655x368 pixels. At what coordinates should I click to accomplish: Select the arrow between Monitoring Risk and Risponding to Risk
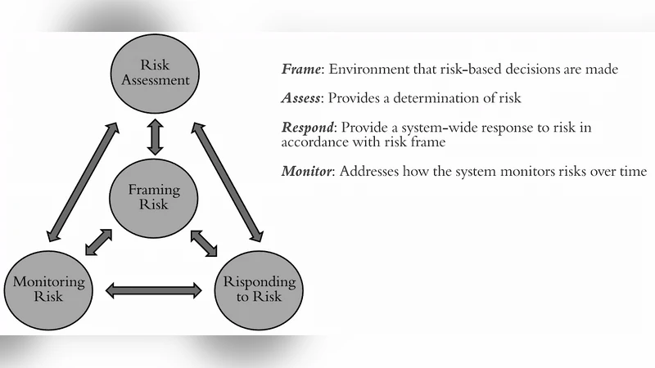tap(154, 289)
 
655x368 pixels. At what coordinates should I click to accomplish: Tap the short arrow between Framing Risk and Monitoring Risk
tap(99, 242)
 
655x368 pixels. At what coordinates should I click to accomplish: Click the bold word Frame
tap(301, 70)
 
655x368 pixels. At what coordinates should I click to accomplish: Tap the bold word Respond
tap(308, 128)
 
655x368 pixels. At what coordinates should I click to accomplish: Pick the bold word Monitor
tap(306, 173)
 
